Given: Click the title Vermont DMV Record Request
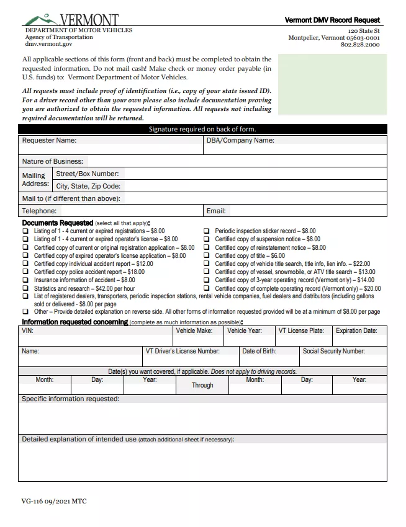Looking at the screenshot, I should [332, 20].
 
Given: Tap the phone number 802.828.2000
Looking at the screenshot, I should [360, 45].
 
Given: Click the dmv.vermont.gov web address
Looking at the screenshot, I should [48, 45].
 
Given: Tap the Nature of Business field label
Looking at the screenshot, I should [52, 161].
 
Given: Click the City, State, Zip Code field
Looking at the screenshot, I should [248, 186].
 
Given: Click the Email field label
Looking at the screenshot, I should [216, 211].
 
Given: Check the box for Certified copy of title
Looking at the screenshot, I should [208, 255].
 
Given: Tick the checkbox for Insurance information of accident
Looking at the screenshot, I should [25, 280].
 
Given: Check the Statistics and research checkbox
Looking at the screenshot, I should [25, 288].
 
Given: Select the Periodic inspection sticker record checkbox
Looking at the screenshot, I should [208, 231].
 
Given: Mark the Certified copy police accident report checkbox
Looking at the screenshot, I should [25, 272].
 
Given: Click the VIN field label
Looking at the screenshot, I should [27, 331].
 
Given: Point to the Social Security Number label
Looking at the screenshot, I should [333, 351].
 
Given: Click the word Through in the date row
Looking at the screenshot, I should [202, 385].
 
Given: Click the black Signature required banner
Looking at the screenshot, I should [202, 129].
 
